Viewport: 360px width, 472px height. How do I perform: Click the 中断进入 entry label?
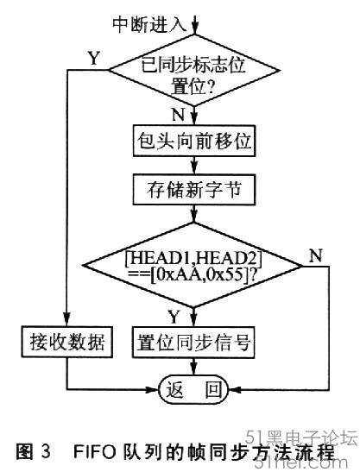click(149, 24)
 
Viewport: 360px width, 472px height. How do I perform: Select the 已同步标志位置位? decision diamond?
click(194, 71)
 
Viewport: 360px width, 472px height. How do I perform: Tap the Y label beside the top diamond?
click(94, 58)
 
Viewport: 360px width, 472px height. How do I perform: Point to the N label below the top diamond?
click(178, 114)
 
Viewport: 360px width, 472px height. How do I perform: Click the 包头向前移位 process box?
click(194, 141)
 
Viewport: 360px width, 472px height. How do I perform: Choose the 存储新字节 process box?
click(194, 190)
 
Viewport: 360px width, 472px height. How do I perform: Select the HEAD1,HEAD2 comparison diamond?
click(193, 266)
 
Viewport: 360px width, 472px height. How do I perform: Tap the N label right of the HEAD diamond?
click(315, 257)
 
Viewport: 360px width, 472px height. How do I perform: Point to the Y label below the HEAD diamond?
click(174, 317)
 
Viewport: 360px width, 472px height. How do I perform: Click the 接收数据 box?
click(66, 342)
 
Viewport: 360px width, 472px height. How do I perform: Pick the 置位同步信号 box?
click(193, 342)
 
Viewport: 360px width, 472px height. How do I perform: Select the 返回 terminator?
click(194, 389)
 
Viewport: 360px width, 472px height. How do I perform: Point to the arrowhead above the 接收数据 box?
click(66, 319)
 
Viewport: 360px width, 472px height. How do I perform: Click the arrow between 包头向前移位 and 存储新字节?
click(194, 166)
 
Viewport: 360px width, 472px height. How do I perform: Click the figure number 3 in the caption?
click(45, 451)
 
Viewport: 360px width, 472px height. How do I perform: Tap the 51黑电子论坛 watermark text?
click(302, 438)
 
